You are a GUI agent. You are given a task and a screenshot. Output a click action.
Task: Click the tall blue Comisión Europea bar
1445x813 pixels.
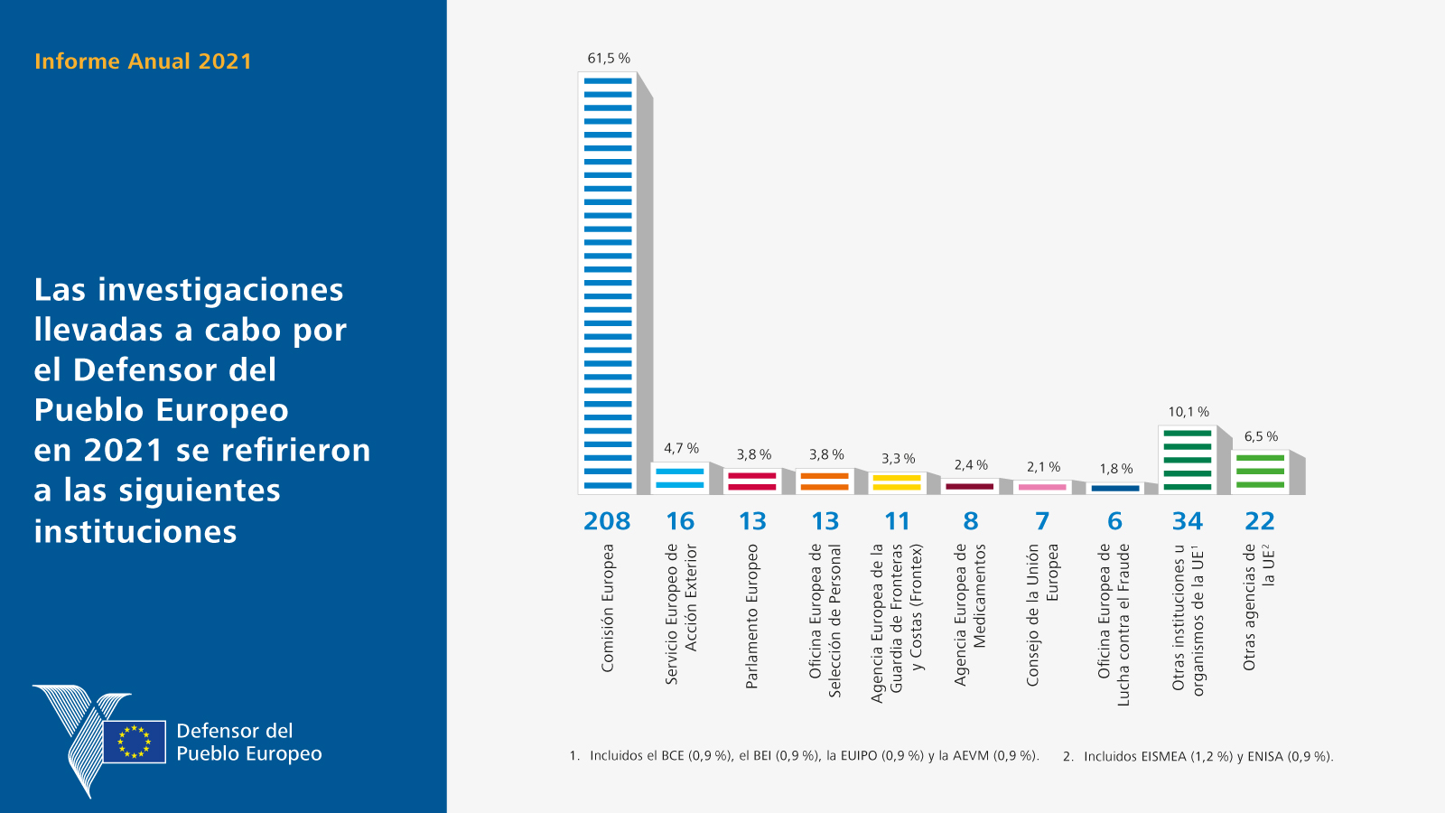coord(607,284)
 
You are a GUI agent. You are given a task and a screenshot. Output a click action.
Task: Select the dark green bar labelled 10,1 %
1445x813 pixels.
coord(1188,460)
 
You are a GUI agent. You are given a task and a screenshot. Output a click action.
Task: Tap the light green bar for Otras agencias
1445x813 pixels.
coord(1260,472)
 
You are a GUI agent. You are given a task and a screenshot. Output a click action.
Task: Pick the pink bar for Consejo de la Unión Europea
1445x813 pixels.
coord(1042,487)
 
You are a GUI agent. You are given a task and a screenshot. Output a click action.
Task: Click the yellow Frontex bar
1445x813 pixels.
coord(897,483)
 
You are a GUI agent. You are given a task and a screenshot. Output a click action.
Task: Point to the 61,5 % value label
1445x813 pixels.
coord(609,59)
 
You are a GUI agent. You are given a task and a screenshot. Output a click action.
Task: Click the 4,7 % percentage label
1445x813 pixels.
coord(681,448)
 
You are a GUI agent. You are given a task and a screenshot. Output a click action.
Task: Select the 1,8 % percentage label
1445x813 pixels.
coord(1116,469)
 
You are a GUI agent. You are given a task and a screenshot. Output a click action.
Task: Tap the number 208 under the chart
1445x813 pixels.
coord(607,520)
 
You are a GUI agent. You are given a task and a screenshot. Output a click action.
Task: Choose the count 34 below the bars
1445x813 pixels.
coord(1188,520)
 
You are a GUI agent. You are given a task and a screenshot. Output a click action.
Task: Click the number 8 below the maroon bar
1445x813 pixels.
coord(970,520)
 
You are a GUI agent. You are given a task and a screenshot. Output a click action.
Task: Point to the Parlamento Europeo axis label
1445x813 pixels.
coord(751,616)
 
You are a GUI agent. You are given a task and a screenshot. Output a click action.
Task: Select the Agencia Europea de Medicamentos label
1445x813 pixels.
coord(970,614)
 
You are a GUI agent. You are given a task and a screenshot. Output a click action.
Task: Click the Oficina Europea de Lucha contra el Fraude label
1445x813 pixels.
coord(1114,624)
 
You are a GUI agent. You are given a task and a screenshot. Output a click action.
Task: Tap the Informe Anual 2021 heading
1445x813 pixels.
coord(143,61)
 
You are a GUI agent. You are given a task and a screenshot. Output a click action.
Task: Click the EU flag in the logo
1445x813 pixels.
coord(135,742)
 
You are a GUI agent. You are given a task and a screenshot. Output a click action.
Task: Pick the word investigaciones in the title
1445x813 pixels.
coord(220,290)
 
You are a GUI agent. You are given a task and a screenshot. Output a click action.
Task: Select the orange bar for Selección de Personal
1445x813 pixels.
coord(825,481)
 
